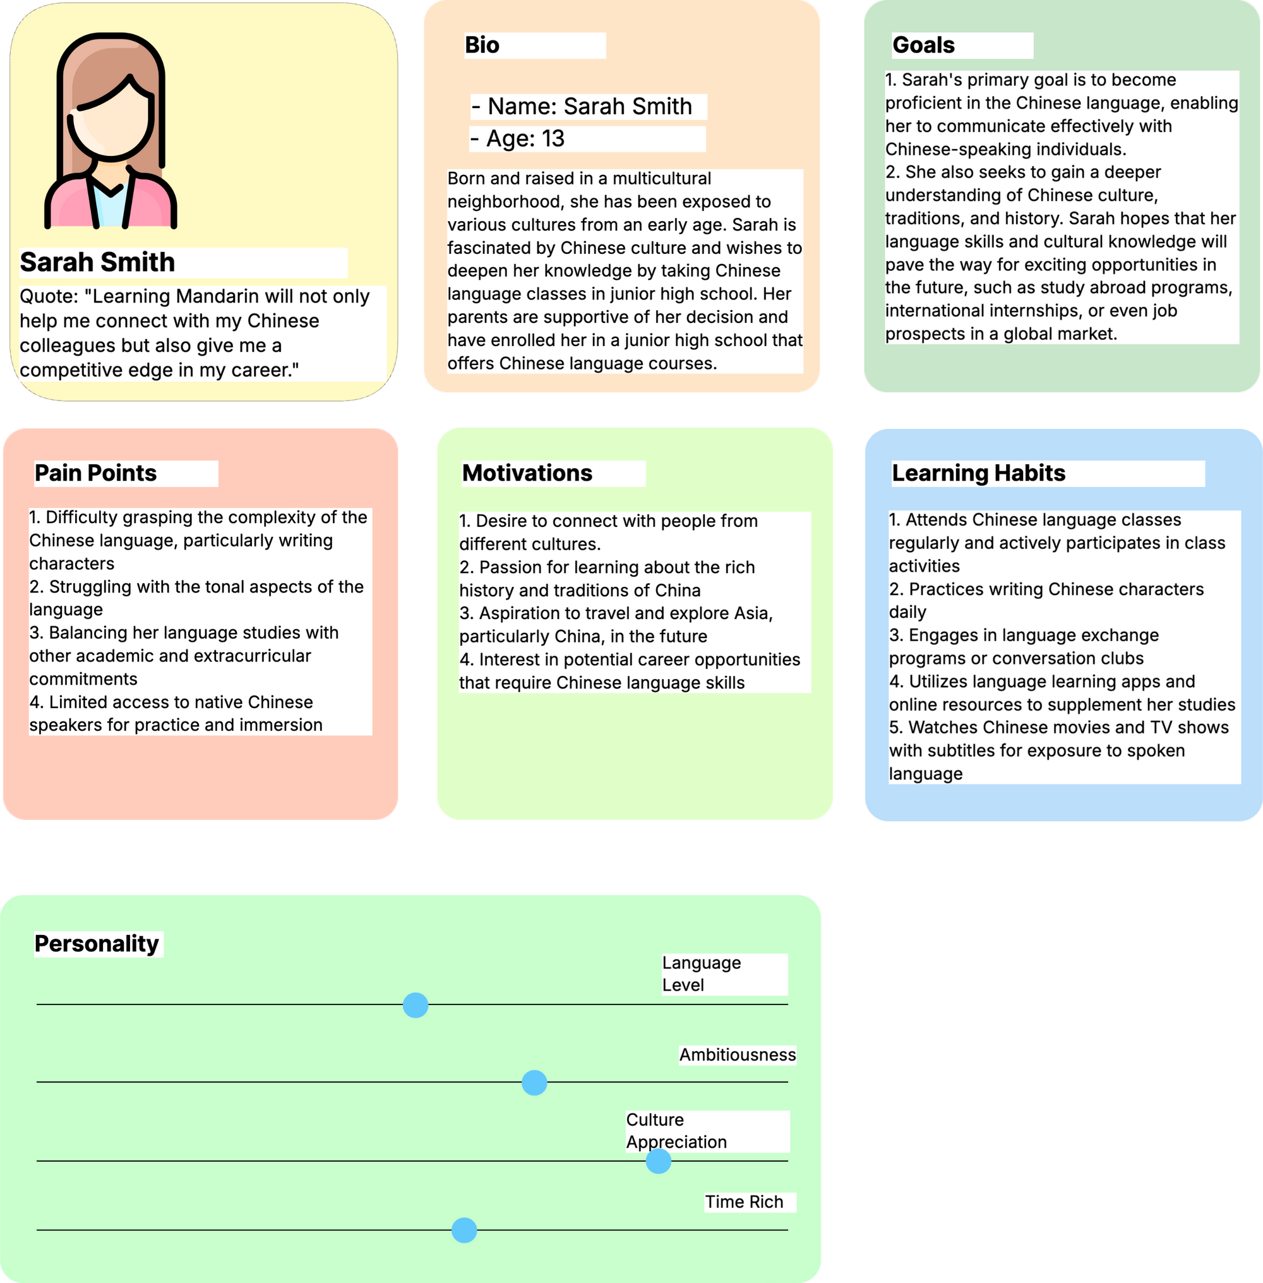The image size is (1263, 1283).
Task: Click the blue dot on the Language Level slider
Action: point(416,1005)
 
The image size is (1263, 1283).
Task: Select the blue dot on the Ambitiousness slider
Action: point(534,1083)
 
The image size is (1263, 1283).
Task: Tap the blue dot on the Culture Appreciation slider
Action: point(658,1161)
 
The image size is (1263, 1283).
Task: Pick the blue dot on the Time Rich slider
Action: point(464,1230)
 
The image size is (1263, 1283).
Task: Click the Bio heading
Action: point(482,45)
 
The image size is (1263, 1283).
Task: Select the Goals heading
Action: point(923,45)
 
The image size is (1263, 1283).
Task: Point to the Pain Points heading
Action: point(95,473)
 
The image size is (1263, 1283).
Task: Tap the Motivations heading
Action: point(527,473)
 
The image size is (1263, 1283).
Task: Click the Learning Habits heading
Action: point(978,473)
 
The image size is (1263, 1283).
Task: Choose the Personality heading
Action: point(97,944)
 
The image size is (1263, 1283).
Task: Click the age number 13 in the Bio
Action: point(553,138)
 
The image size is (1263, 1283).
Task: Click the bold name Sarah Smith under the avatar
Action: point(97,262)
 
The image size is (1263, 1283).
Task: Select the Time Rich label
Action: point(744,1202)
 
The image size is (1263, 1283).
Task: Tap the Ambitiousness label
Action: point(737,1055)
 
